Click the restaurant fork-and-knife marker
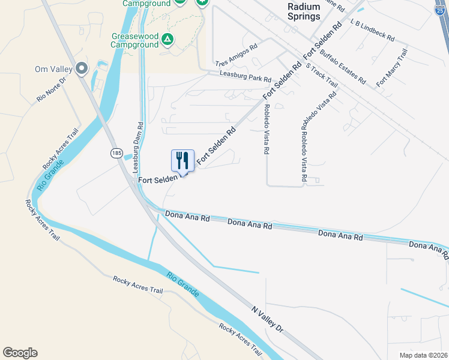pos(183,161)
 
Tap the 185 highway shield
pos(116,154)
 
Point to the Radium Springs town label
pos(303,11)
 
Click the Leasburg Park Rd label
pos(245,78)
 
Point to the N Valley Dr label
pos(267,319)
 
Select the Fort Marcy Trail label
pos(391,67)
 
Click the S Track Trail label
pos(321,79)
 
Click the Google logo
pos(20,353)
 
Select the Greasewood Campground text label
pos(134,40)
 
